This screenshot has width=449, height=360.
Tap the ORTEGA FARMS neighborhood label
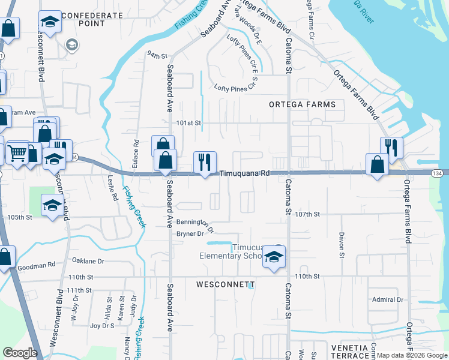pyautogui.click(x=302, y=104)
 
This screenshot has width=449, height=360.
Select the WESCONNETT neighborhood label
pyautogui.click(x=225, y=284)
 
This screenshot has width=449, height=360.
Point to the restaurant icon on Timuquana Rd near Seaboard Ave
pyautogui.click(x=205, y=162)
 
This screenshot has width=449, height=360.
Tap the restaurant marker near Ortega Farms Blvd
pyautogui.click(x=391, y=148)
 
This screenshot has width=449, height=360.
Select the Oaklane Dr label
pyautogui.click(x=88, y=261)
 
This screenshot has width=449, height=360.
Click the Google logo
pyautogui.click(x=20, y=353)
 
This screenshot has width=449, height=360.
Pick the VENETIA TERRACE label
pyautogui.click(x=348, y=352)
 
